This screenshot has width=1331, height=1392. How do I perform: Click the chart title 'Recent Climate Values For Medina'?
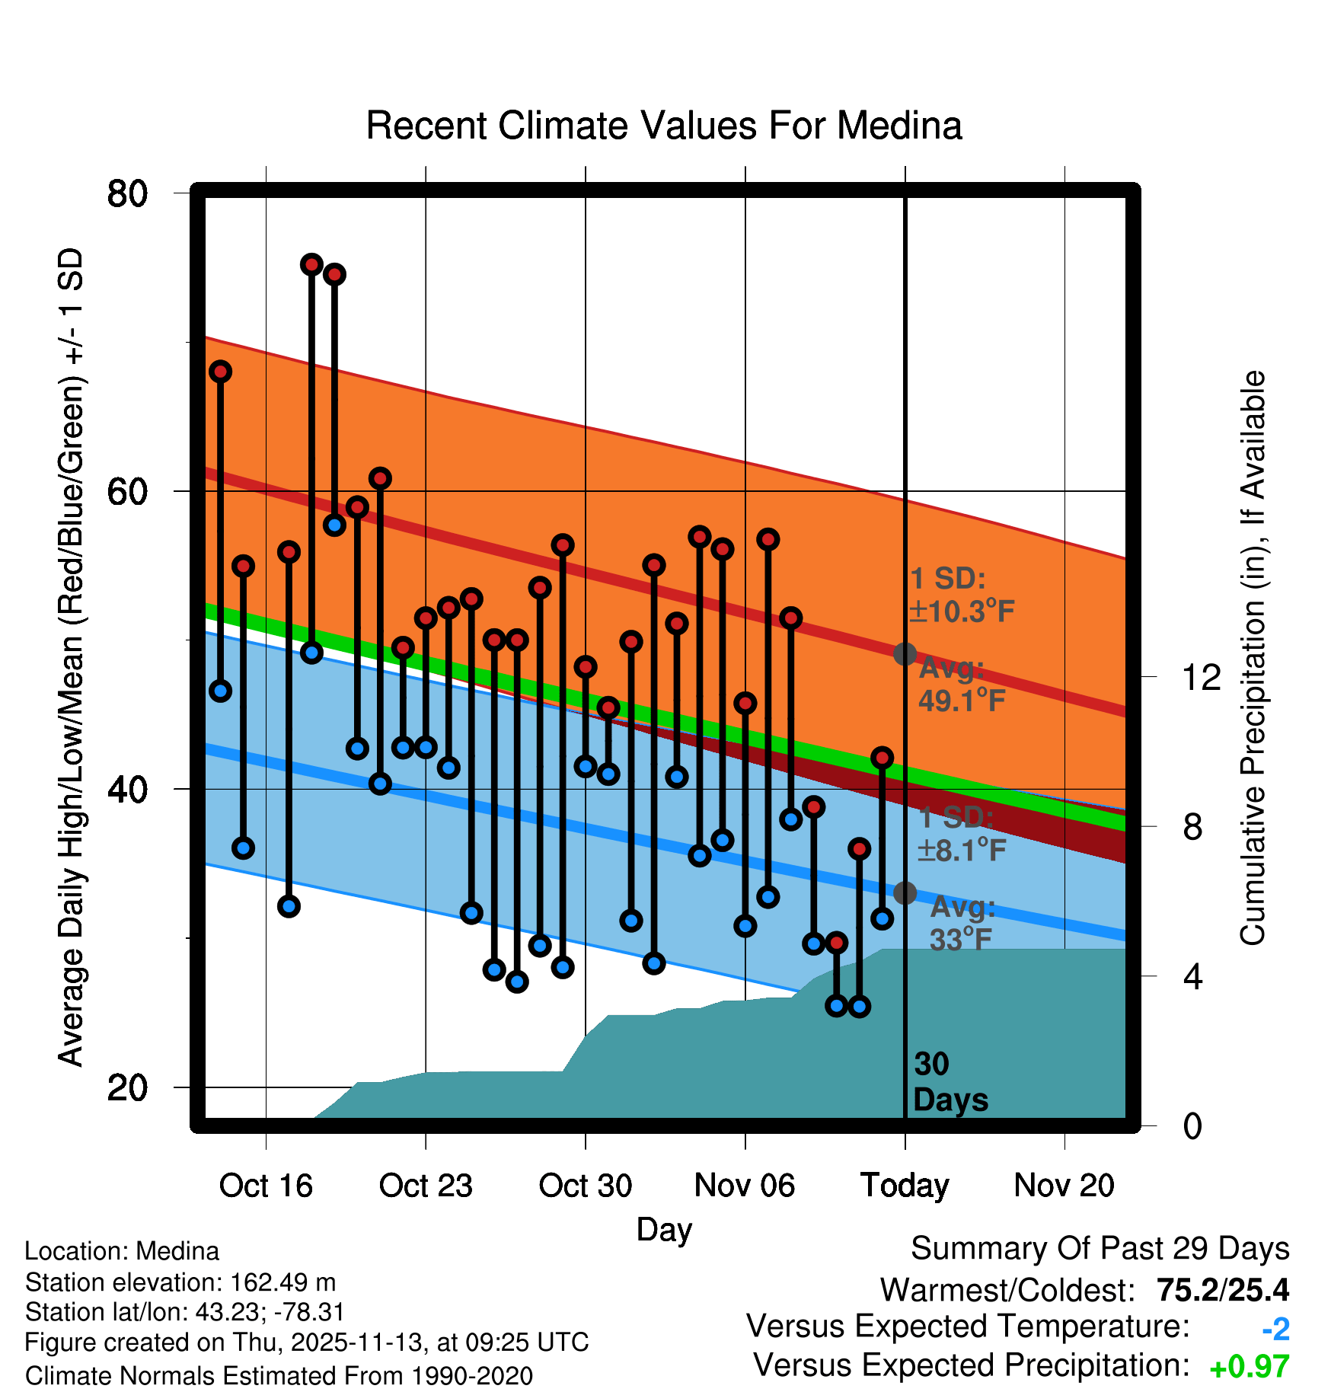pyautogui.click(x=664, y=126)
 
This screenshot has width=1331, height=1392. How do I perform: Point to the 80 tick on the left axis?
pyautogui.click(x=127, y=193)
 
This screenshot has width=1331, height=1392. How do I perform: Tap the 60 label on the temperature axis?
pyautogui.click(x=127, y=492)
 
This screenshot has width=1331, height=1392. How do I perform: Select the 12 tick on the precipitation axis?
pyautogui.click(x=1202, y=677)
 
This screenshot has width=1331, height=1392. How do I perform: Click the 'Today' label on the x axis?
pyautogui.click(x=905, y=1186)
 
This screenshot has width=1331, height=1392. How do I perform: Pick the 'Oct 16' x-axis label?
pyautogui.click(x=266, y=1186)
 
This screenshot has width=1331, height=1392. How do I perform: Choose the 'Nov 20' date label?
pyautogui.click(x=1064, y=1186)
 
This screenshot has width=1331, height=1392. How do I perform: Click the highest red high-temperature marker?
pyautogui.click(x=311, y=264)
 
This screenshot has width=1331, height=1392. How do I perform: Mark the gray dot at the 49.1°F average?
pyautogui.click(x=905, y=653)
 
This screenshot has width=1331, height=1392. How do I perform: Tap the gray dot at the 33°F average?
pyautogui.click(x=905, y=892)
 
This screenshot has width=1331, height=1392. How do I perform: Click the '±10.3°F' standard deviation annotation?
pyautogui.click(x=962, y=611)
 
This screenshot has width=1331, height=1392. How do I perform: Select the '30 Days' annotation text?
pyautogui.click(x=950, y=1082)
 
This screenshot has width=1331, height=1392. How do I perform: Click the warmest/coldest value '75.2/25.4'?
pyautogui.click(x=1222, y=1290)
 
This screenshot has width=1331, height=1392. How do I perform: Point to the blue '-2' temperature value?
pyautogui.click(x=1275, y=1329)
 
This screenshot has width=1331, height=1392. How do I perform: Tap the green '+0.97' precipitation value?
pyautogui.click(x=1250, y=1367)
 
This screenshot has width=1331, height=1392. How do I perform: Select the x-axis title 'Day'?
pyautogui.click(x=664, y=1230)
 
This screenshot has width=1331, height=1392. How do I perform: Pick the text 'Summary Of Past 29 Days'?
pyautogui.click(x=1100, y=1249)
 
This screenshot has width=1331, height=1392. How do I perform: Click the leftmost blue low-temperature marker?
pyautogui.click(x=221, y=691)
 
